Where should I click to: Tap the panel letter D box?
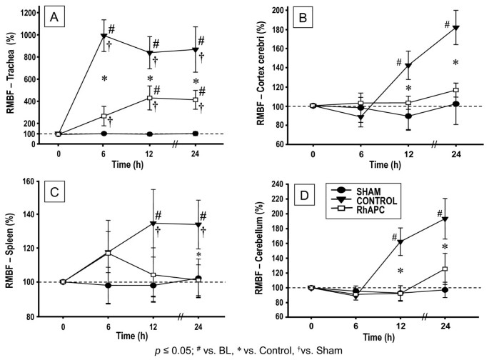click(x=303, y=197)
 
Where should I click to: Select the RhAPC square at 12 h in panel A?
click(x=149, y=98)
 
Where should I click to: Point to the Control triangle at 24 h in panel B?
click(x=454, y=28)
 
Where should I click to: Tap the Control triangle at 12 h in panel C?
click(x=149, y=224)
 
